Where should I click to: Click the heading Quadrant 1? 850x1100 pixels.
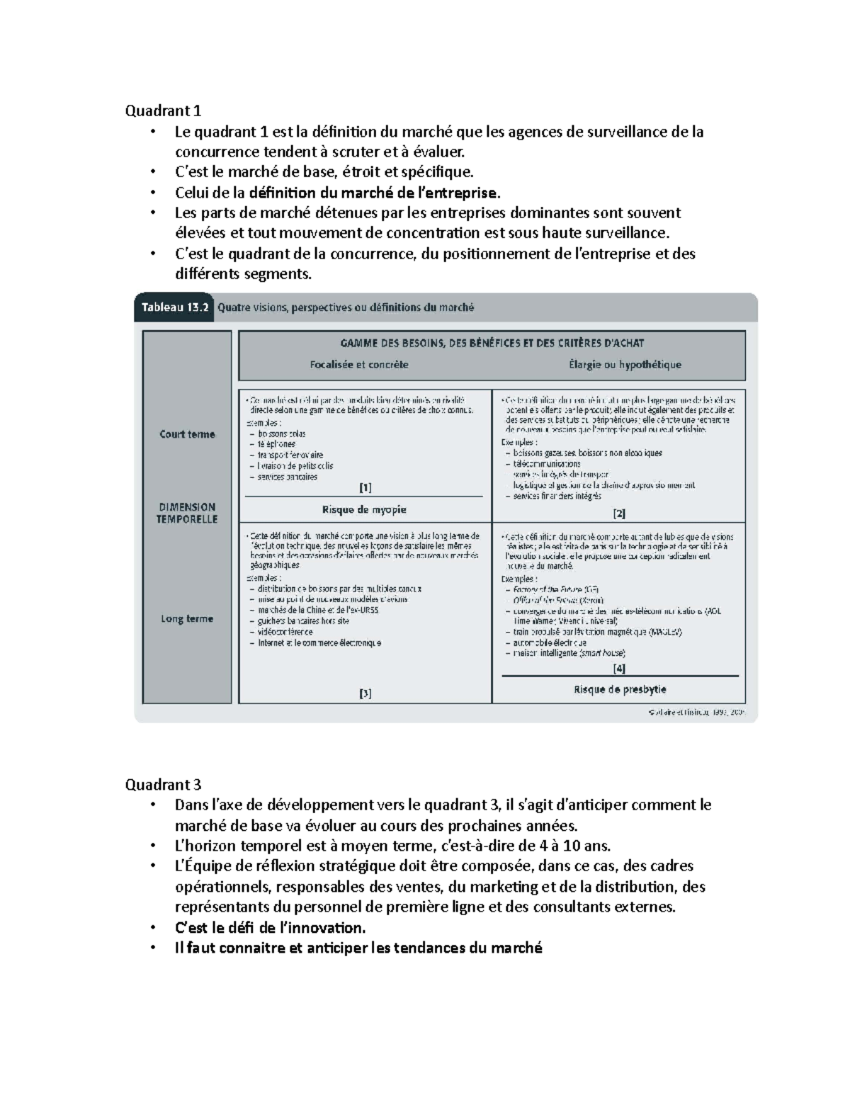coord(163,110)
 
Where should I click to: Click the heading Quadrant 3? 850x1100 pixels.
coord(163,784)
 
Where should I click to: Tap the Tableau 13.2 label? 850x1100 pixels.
coord(174,307)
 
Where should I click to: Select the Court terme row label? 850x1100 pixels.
coord(187,434)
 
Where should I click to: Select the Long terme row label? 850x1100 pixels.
coord(187,618)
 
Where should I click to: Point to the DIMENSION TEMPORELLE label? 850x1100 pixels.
coord(187,513)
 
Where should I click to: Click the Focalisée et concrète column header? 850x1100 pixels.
coord(359,365)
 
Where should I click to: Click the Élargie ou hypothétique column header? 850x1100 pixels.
coord(625,365)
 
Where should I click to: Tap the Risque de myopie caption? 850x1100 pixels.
coord(364,509)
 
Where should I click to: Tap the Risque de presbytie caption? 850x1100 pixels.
coord(620,689)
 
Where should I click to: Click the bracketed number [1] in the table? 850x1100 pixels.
coord(365,487)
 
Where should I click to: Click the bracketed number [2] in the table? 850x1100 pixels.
coord(619,514)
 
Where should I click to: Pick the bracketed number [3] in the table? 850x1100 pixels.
coord(365,693)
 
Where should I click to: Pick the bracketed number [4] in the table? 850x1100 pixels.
coord(619,668)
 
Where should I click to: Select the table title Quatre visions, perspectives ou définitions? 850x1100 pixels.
coord(346,307)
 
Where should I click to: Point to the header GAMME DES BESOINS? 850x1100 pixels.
coord(492,343)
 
